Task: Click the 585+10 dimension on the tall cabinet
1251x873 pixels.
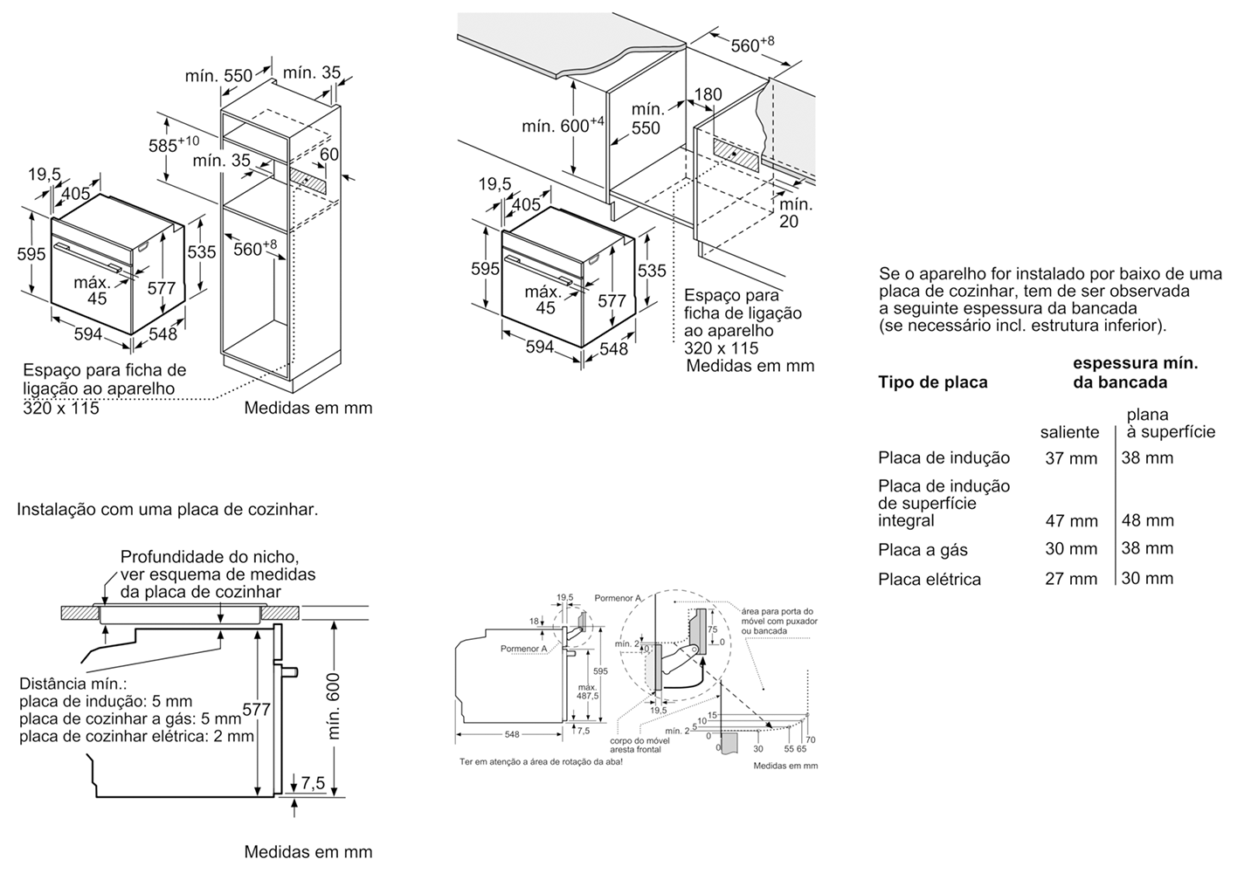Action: click(173, 145)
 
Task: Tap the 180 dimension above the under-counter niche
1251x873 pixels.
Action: click(708, 94)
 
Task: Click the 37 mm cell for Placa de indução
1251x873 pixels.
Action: click(1071, 458)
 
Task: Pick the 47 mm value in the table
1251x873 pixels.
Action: click(1071, 521)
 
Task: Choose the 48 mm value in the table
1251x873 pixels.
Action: click(1148, 521)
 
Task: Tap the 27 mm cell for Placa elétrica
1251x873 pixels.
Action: click(1071, 579)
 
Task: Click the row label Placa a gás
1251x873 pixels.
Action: click(923, 550)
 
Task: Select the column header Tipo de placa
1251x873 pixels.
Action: click(932, 382)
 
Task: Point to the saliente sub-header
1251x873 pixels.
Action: click(1069, 432)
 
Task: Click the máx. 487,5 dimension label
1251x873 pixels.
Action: click(588, 691)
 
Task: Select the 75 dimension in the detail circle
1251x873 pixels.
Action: click(712, 629)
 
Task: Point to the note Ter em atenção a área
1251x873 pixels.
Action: click(541, 762)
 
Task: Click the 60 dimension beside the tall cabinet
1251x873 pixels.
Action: click(329, 155)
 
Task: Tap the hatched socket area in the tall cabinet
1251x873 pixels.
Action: click(307, 181)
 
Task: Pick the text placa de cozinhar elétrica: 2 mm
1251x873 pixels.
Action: click(136, 736)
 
